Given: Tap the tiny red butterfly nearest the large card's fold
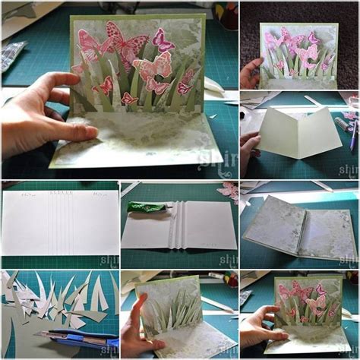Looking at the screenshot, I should [128, 98].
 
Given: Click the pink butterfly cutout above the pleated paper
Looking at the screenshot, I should [226, 190].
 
